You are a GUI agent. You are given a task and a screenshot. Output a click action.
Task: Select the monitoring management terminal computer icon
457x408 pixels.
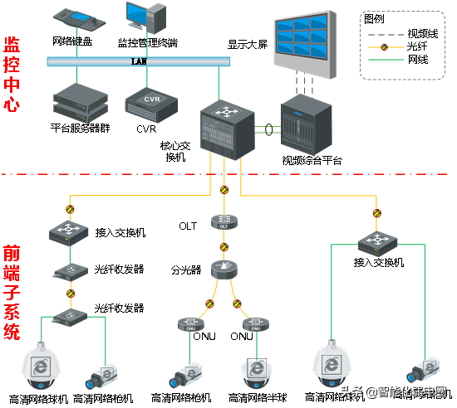coord(144,18)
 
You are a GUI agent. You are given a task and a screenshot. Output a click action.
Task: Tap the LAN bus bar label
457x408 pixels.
coord(138,61)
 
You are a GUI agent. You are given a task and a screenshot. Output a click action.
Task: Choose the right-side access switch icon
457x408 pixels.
coord(378,243)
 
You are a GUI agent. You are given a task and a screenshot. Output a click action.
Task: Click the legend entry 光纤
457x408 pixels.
coord(396,47)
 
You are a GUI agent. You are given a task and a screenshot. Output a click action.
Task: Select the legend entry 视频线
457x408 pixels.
coord(396,33)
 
